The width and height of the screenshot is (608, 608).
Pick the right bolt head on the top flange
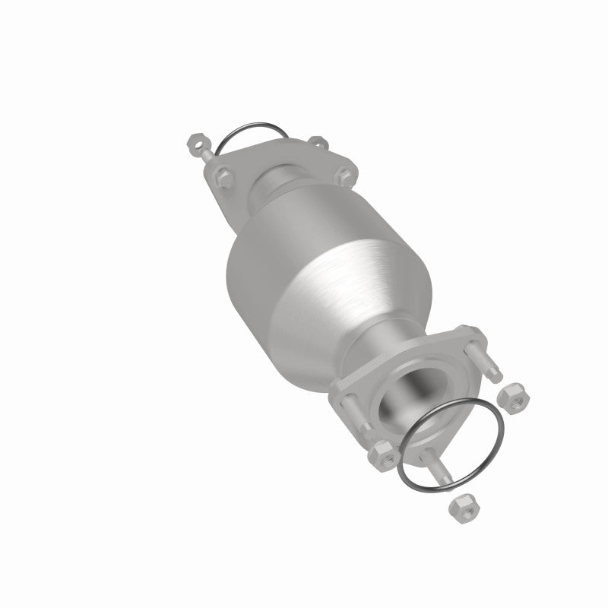tap(344, 173)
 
